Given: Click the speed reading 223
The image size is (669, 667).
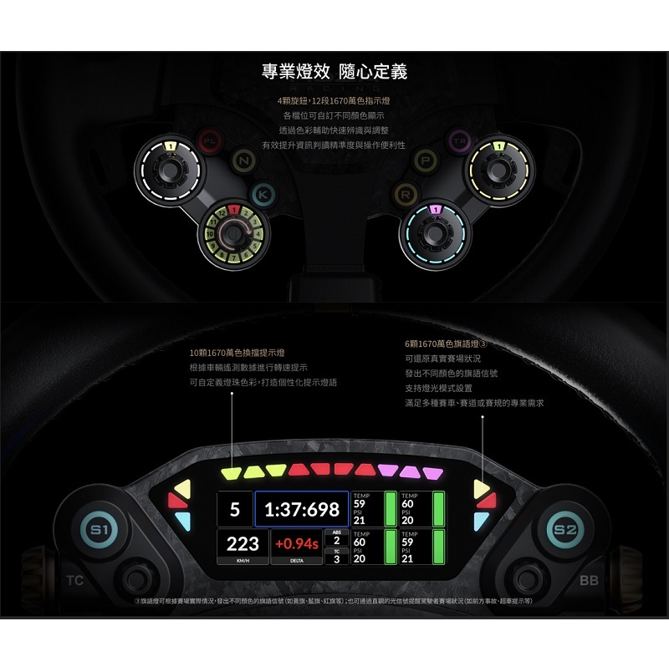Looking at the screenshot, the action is click(242, 543).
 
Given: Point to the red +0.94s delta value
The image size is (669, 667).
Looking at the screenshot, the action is click(296, 544).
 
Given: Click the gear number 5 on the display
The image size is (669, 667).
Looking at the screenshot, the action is click(234, 509).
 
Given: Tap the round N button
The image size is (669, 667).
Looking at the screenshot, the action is click(243, 160).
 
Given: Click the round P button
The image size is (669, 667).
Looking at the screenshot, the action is click(426, 160).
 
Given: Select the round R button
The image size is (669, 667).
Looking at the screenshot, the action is click(406, 195).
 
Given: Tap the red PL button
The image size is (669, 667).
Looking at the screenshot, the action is click(207, 141).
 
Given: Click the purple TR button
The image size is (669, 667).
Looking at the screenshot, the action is click(458, 140).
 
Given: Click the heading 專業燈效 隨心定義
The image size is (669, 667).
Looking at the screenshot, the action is click(334, 72).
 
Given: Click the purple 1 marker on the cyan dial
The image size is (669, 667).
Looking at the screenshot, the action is click(434, 210).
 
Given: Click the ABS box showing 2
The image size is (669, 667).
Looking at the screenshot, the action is click(336, 537).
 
